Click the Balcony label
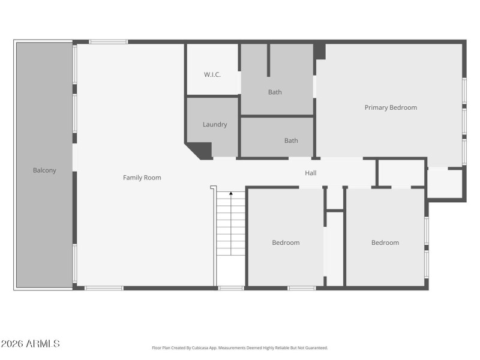[44, 170]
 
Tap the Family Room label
[142, 178]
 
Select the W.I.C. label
[212, 75]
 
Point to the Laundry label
[215, 125]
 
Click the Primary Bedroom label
[391, 108]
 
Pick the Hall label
[311, 173]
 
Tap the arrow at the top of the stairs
[231, 194]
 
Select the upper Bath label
[275, 92]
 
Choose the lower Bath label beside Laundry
[291, 141]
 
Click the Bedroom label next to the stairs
[286, 243]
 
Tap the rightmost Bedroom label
[385, 243]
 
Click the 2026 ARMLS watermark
[31, 344]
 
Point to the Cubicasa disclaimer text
[240, 348]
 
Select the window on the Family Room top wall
[109, 42]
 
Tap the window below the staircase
[231, 289]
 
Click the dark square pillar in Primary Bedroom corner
[320, 52]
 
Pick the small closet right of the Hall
[401, 173]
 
